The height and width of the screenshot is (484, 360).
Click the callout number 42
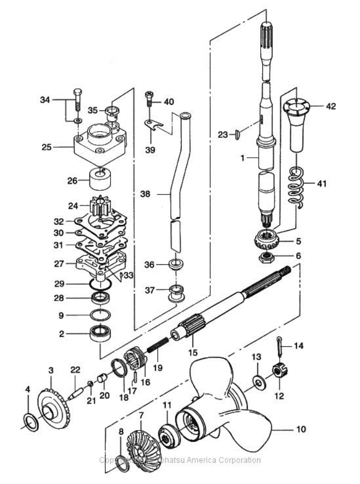(330, 106)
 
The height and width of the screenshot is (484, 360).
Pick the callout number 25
(47, 148)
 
